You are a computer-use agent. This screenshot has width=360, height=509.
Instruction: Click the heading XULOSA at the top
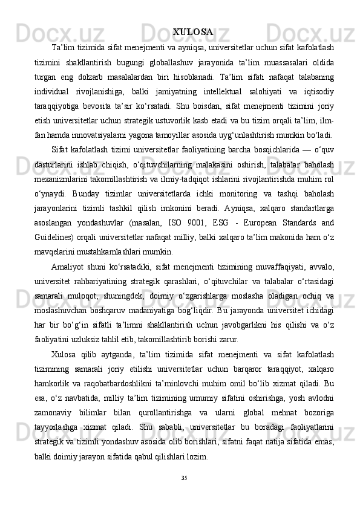(x=192, y=31)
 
